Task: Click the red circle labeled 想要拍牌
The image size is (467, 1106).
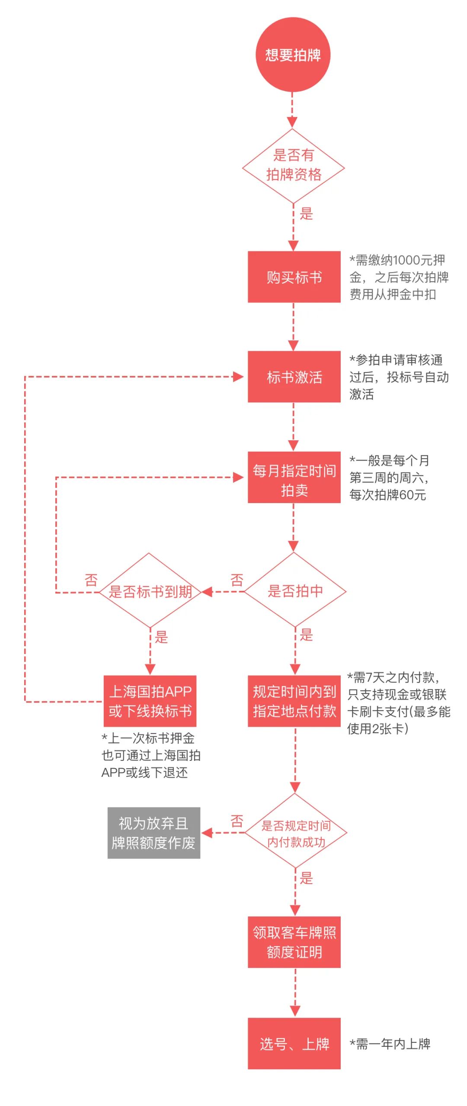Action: [x=293, y=54]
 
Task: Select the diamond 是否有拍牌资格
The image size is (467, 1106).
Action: [x=293, y=166]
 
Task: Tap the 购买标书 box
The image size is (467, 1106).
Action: [x=294, y=277]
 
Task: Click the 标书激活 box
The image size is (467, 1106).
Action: [x=294, y=377]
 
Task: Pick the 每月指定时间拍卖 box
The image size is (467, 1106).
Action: [x=294, y=478]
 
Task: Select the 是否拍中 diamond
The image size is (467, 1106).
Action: [x=295, y=591]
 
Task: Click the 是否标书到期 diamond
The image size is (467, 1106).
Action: [x=150, y=591]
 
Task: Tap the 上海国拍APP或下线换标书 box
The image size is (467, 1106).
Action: [x=150, y=701]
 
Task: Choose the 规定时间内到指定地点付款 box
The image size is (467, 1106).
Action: [x=294, y=701]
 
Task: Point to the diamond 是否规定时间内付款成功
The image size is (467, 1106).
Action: [x=296, y=833]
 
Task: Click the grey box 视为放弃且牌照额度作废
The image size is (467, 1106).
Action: [x=154, y=833]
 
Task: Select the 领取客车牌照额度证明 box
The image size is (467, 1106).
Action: [x=294, y=942]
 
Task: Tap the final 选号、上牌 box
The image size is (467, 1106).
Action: [x=294, y=1044]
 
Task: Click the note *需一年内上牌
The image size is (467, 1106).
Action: [x=390, y=1044]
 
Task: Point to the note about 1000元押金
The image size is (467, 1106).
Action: [x=399, y=277]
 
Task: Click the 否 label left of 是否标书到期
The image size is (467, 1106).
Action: [x=91, y=580]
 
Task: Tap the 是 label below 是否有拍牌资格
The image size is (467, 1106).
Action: [x=306, y=214]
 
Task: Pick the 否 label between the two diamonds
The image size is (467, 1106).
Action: [x=237, y=580]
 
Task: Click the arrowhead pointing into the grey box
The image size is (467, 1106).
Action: [x=207, y=833]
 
